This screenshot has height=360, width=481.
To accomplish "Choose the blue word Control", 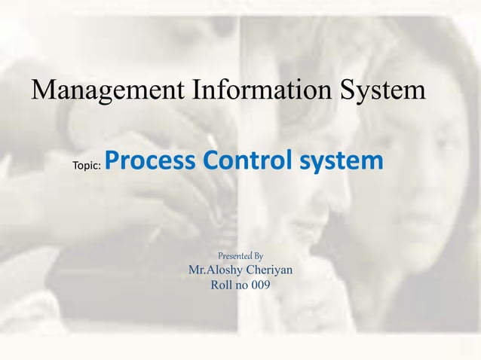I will click(x=244, y=160).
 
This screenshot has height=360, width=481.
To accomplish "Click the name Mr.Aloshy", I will click(x=213, y=270).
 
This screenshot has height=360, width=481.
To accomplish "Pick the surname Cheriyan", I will click(x=268, y=270).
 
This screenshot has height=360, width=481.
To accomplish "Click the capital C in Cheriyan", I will click(x=247, y=270).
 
